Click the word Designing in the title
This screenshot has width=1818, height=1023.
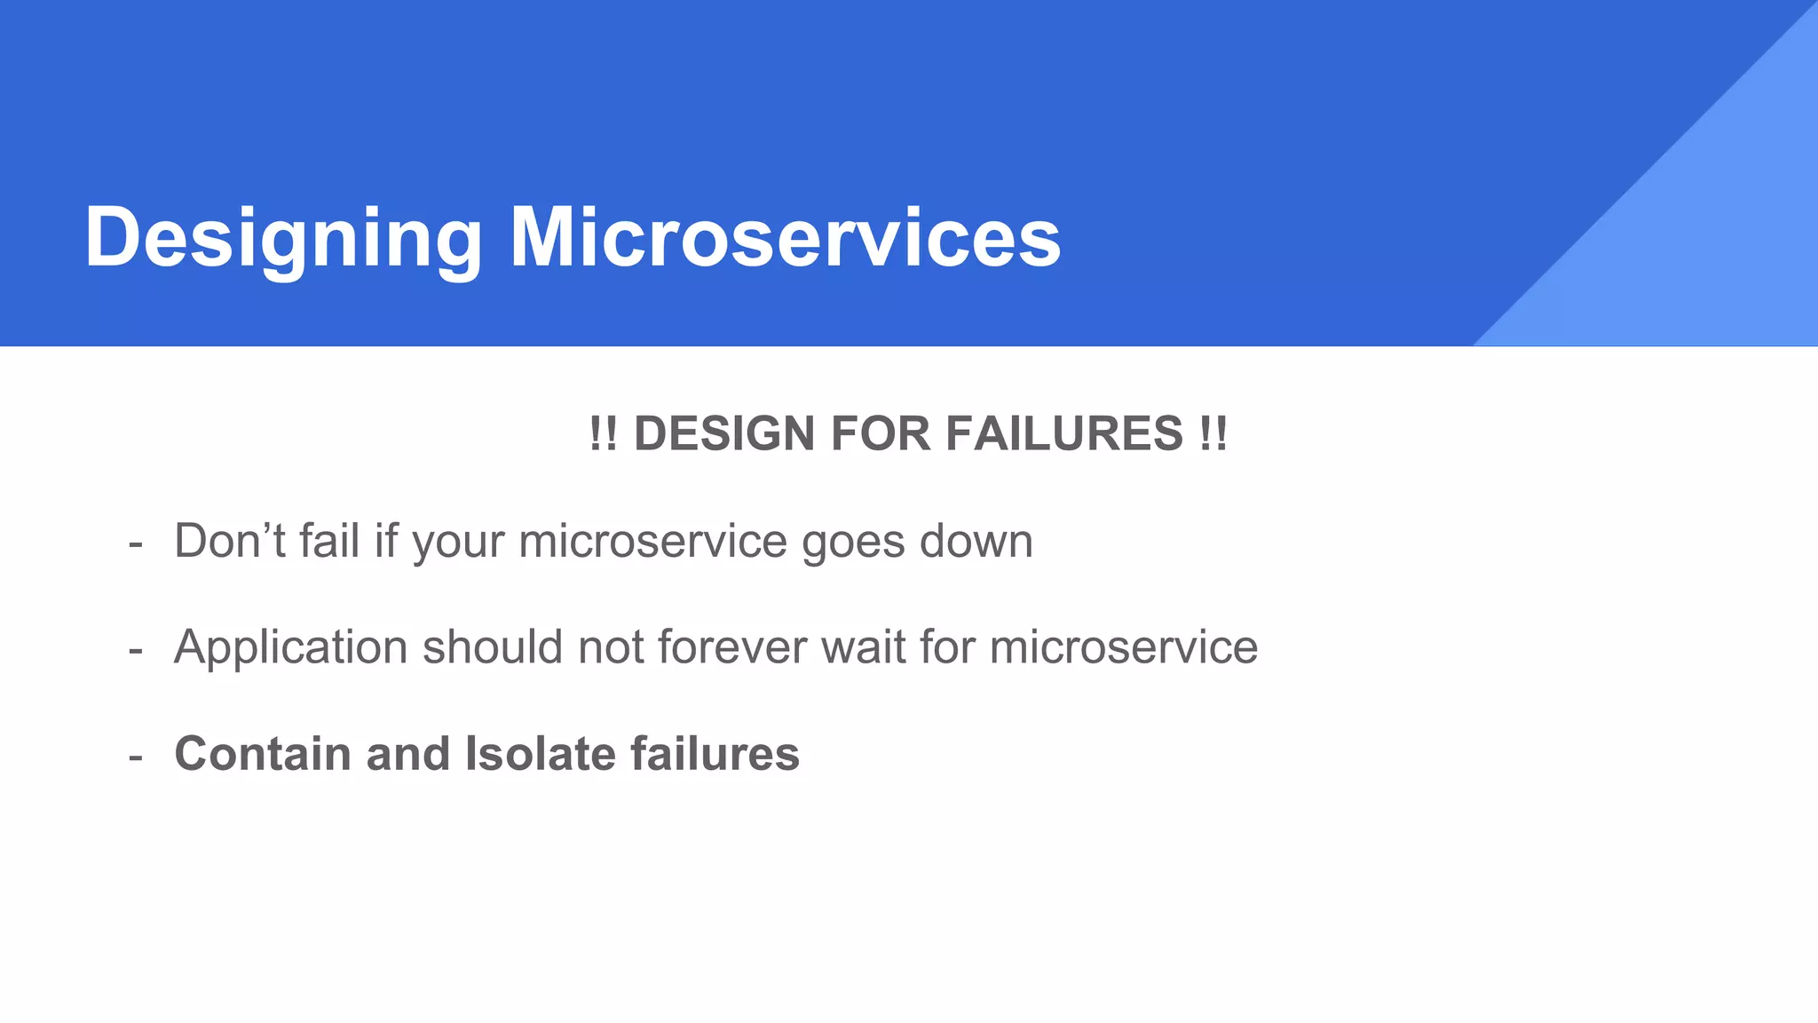click(282, 238)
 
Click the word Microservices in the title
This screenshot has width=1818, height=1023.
click(785, 238)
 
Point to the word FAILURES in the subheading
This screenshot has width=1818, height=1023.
click(1063, 434)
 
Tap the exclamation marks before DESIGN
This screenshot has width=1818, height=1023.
click(603, 434)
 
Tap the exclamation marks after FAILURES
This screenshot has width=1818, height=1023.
click(1213, 434)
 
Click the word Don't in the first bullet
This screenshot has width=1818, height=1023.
click(229, 541)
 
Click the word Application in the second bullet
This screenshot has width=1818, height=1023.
click(290, 647)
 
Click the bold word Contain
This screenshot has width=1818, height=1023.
click(263, 754)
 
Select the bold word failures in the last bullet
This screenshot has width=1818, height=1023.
click(715, 754)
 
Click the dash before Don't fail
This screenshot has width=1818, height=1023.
click(135, 543)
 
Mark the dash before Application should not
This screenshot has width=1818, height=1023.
click(135, 650)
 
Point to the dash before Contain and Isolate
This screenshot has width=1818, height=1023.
click(135, 757)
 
